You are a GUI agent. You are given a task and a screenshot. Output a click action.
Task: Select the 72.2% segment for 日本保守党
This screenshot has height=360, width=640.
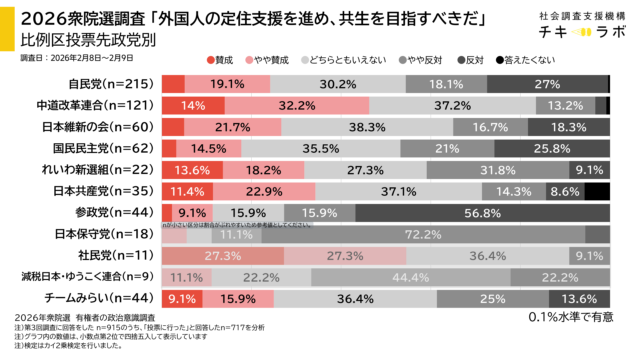point(436,234)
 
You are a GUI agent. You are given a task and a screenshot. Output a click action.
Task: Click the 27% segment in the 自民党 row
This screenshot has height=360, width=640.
point(548,83)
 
